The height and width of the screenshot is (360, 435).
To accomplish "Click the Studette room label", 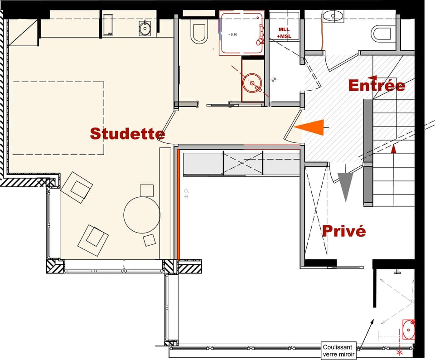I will (127, 134).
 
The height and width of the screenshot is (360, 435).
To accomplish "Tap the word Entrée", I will (377, 85).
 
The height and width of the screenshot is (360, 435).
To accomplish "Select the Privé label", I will (343, 231).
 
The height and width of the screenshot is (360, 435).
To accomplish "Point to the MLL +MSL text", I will (285, 33).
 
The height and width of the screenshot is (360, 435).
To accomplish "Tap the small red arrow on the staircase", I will (393, 148).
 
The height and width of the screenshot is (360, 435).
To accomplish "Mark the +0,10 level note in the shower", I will (233, 34).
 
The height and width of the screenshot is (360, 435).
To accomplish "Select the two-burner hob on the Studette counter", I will (108, 25).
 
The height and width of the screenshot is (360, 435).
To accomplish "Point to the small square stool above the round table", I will (147, 190).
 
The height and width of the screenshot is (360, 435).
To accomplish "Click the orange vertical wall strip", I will (179, 204).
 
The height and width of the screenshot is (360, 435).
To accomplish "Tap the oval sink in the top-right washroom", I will (335, 16).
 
